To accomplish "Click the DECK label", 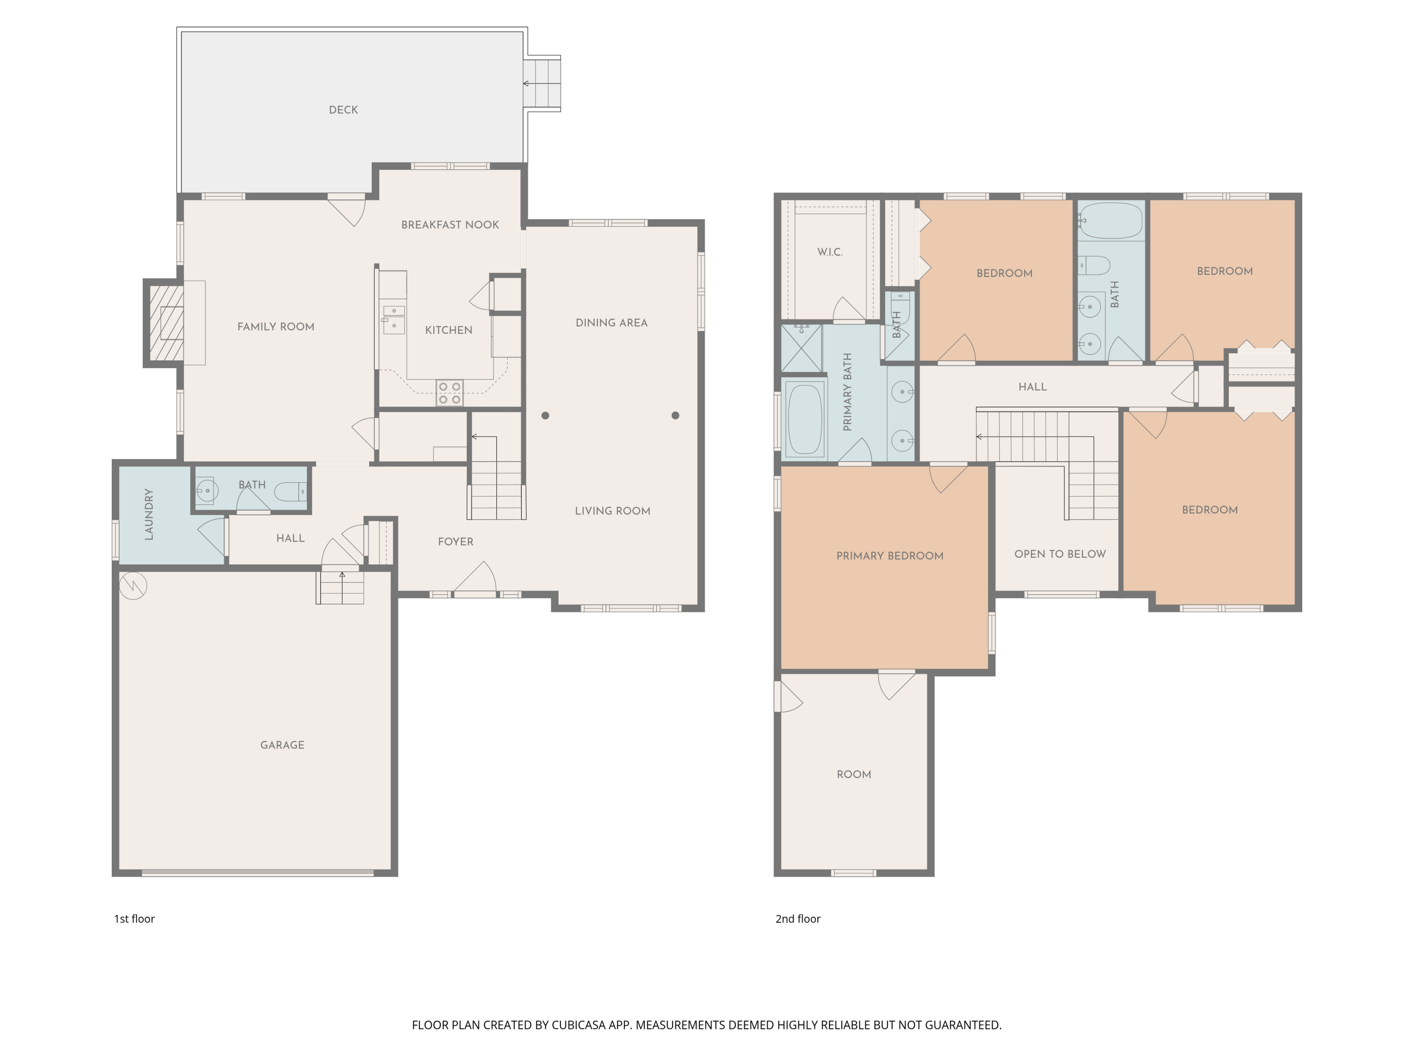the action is click(x=343, y=110).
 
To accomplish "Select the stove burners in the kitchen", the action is click(x=449, y=393).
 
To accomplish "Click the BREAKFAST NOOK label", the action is click(x=450, y=224).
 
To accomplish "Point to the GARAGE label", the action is click(x=282, y=745).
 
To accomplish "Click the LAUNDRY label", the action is click(x=149, y=514).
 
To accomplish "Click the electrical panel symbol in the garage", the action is click(x=133, y=585).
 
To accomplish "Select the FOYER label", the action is click(x=456, y=542).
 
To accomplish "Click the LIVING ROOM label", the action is click(x=612, y=511).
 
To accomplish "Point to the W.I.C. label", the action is click(x=830, y=252).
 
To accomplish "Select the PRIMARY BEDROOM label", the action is click(x=890, y=556).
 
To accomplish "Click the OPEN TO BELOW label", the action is click(x=1060, y=554).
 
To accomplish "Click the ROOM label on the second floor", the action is click(x=854, y=774).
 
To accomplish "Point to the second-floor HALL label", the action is click(x=1032, y=387).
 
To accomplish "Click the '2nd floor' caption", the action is click(x=798, y=919).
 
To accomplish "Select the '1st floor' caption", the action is click(x=134, y=919).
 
